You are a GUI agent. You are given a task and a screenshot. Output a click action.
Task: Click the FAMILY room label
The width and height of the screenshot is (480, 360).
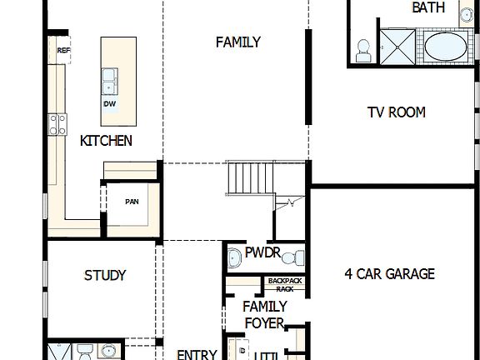pos(237,42)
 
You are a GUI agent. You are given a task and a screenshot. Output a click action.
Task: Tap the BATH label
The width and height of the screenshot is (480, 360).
pos(428,8)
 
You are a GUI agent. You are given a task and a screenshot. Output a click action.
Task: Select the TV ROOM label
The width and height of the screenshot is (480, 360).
pos(397,112)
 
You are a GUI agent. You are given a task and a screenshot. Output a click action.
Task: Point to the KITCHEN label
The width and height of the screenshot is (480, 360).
pos(106,141)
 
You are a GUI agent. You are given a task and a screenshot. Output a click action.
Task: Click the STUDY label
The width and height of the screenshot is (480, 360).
pos(105,275)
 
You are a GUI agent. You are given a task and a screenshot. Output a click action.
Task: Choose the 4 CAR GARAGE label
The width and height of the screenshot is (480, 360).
pos(389,273)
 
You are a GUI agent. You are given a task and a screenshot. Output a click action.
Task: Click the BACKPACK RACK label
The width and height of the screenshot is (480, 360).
pos(285,285)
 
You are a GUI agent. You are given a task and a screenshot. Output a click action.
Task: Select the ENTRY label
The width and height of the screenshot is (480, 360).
pos(197,354)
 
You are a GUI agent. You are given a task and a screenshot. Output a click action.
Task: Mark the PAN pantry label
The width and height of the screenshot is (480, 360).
pos(132,202)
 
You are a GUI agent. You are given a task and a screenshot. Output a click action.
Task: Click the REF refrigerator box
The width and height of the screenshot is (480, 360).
pos(63,51)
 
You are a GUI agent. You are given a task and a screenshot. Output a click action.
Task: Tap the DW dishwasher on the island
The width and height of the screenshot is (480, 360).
pos(109,103)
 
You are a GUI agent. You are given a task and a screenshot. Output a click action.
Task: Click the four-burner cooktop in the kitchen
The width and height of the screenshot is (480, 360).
pos(57,125)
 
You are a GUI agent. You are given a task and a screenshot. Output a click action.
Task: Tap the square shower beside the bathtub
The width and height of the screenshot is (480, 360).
pos(398,46)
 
